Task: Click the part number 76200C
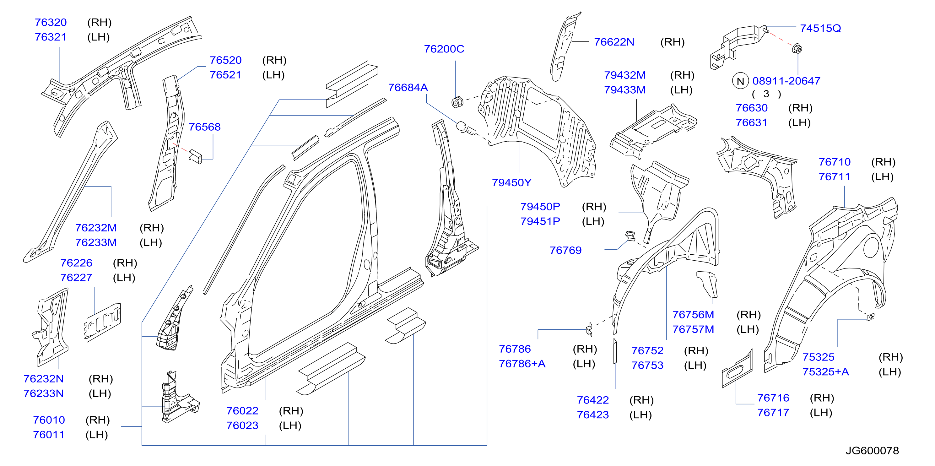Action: [444, 49]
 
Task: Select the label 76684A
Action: [408, 88]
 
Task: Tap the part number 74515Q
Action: [820, 28]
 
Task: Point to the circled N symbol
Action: [740, 81]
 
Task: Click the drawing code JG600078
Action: [872, 450]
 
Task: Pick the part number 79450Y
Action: [511, 182]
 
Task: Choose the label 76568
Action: [204, 127]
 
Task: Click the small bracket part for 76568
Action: [195, 156]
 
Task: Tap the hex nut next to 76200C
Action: [457, 102]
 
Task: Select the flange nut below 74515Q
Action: [797, 48]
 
